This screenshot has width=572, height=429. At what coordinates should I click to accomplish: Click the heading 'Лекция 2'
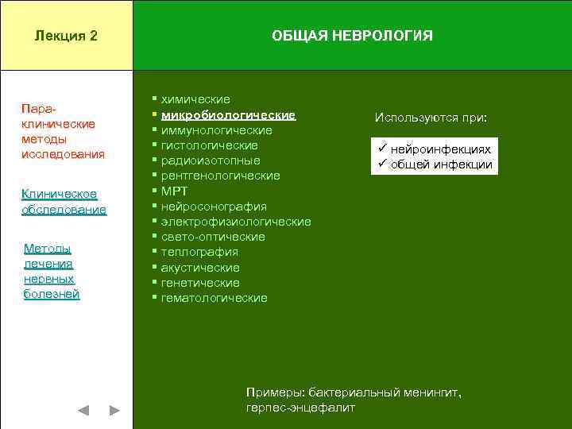click(66, 36)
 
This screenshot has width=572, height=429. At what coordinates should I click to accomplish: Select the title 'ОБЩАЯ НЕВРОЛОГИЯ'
click(352, 36)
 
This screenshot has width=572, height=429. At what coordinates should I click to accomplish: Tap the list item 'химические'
click(195, 99)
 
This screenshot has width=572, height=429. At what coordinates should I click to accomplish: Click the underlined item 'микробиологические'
click(228, 115)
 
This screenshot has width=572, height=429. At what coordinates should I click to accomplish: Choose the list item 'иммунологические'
click(216, 130)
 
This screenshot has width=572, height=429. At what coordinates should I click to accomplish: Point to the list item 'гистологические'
click(209, 145)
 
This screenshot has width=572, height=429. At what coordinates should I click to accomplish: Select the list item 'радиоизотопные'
click(210, 160)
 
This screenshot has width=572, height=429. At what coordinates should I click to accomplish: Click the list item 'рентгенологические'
click(220, 176)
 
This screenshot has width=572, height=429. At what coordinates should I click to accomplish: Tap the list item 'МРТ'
click(176, 191)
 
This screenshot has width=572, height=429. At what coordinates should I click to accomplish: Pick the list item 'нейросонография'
click(214, 207)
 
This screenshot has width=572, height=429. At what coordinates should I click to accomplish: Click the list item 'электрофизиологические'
click(236, 222)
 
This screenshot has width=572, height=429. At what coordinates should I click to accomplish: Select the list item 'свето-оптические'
click(213, 237)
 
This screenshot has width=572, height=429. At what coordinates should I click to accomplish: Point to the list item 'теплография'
click(199, 252)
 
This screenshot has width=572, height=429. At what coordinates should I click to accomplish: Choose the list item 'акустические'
click(200, 268)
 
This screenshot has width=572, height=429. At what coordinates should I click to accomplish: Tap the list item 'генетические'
click(200, 283)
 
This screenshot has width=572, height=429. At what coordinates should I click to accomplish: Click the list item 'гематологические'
click(214, 298)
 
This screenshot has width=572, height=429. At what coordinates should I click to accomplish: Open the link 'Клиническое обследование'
click(64, 202)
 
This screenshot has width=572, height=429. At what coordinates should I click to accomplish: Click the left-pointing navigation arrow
click(83, 411)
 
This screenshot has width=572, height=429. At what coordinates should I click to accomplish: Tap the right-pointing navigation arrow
click(114, 411)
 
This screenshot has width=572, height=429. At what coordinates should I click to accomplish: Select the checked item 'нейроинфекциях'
click(441, 149)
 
